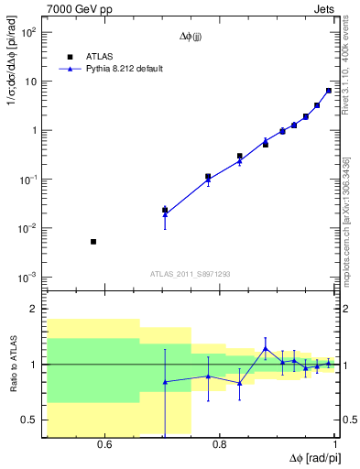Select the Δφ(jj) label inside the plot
pos(191,38)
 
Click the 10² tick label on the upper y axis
pos(27,32)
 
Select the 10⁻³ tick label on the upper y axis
pos(27,277)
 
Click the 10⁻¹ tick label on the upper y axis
pos(27,180)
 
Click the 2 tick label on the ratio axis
pos(33,310)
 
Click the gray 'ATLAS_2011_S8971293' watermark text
pos(191,274)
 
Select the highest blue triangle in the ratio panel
pos(266,349)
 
